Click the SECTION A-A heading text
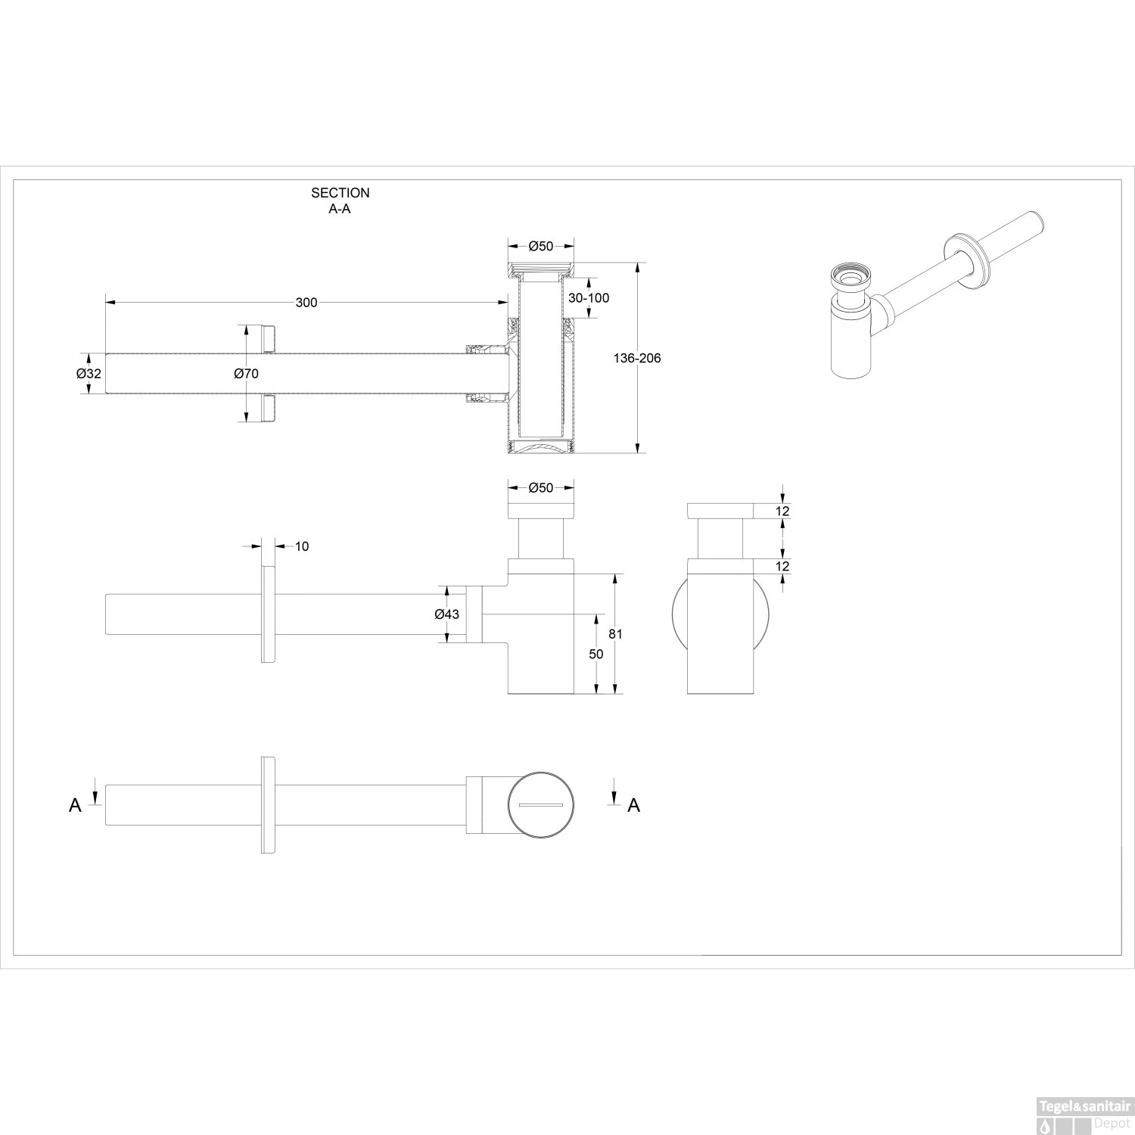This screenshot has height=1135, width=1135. (340, 201)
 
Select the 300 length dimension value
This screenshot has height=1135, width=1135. (306, 303)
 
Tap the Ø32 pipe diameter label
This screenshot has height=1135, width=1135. (89, 373)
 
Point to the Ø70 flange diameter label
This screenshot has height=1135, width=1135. (246, 373)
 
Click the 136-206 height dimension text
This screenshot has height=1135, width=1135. (636, 358)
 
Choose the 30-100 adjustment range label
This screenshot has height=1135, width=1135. (588, 297)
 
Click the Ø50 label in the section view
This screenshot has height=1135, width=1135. (540, 246)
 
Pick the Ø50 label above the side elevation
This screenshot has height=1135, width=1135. (540, 488)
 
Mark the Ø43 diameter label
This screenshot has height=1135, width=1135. (446, 614)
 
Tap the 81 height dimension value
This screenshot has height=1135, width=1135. (615, 634)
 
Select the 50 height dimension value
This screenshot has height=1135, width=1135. (596, 654)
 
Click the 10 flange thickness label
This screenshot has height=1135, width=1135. (301, 546)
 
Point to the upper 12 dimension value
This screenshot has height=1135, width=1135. (782, 512)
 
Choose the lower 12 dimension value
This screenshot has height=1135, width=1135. (782, 566)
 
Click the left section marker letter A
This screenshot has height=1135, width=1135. (75, 806)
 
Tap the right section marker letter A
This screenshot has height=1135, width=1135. (634, 806)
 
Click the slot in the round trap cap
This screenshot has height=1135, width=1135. (540, 804)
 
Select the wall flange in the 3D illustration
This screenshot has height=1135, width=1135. (967, 262)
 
